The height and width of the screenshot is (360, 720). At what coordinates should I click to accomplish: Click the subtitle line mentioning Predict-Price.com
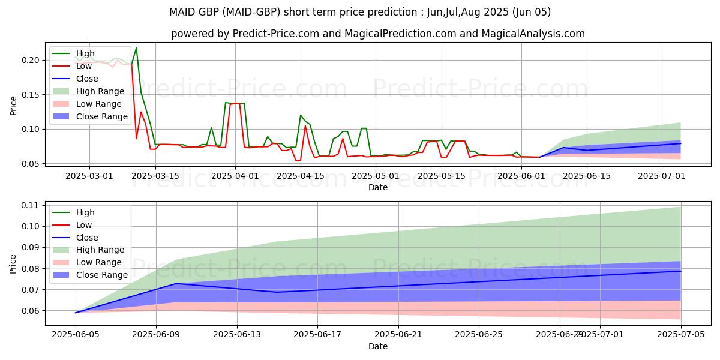(x=378, y=34)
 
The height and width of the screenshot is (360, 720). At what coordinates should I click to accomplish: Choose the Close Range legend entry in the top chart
(x=101, y=116)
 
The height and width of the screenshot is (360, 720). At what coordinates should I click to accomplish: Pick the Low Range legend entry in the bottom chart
(x=100, y=262)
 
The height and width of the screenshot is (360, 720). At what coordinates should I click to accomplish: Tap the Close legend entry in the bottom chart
(x=87, y=238)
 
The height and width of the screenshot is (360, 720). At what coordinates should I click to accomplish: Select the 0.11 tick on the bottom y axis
(x=30, y=205)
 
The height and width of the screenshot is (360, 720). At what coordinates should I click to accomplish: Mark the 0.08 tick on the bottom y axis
(x=30, y=268)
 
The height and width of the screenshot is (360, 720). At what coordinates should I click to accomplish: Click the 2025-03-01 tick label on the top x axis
(x=89, y=176)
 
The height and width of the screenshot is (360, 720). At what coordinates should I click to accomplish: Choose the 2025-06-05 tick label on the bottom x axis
(x=76, y=335)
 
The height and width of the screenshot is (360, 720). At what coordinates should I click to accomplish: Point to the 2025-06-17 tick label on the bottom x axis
(x=318, y=335)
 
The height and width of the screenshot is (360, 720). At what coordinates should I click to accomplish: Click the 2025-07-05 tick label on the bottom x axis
(x=681, y=335)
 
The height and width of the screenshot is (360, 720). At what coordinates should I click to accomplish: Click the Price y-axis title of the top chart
(x=13, y=106)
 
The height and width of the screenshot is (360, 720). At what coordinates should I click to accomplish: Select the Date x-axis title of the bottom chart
(x=378, y=346)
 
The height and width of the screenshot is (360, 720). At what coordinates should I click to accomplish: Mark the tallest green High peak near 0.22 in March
(x=136, y=48)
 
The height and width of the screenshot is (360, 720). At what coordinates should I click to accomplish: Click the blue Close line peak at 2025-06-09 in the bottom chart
(x=176, y=283)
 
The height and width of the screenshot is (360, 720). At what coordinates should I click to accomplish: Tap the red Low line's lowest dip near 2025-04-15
(x=297, y=160)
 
